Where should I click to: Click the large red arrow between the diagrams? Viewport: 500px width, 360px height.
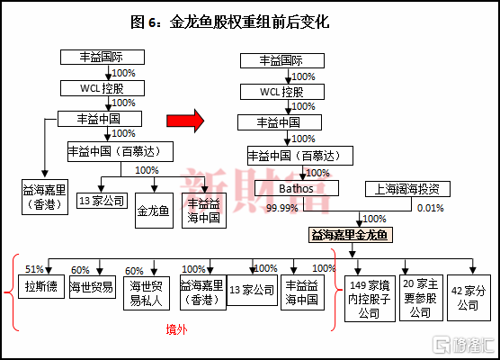(x=185, y=121)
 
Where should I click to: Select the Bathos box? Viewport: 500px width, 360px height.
(x=296, y=188)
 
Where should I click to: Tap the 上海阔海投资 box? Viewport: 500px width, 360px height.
(x=407, y=189)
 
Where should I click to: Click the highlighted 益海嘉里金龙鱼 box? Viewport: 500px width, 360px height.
(x=350, y=235)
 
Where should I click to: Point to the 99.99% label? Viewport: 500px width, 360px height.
(x=282, y=208)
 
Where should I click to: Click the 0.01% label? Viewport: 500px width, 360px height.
(x=430, y=208)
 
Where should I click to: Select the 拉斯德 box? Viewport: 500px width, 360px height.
(x=41, y=286)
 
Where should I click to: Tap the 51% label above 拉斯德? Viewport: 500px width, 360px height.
(x=34, y=269)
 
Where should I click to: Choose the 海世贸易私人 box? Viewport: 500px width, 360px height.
(x=147, y=293)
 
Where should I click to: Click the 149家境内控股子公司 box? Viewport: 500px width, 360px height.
(x=370, y=298)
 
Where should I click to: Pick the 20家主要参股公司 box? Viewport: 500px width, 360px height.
(x=421, y=298)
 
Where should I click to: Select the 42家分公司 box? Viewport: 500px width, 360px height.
(x=469, y=298)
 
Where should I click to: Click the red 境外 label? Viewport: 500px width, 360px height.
(x=176, y=329)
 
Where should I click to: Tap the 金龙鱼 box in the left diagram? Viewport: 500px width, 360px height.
(x=154, y=211)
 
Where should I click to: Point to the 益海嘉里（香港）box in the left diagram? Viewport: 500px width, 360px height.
(x=45, y=197)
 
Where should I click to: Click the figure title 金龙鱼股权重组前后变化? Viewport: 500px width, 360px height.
(x=249, y=22)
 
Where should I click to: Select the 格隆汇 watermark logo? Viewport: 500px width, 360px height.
(x=464, y=345)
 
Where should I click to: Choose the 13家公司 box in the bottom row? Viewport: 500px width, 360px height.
(x=252, y=290)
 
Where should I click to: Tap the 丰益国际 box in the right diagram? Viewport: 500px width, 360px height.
(x=282, y=60)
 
